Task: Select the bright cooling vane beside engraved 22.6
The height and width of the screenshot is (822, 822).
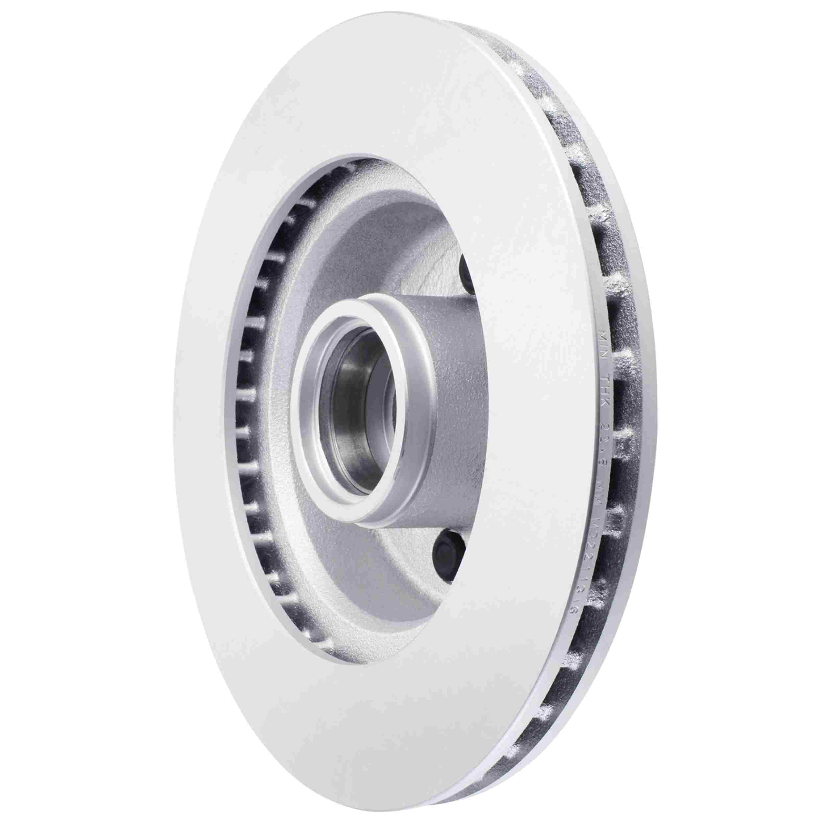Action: pyautogui.click(x=630, y=430)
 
